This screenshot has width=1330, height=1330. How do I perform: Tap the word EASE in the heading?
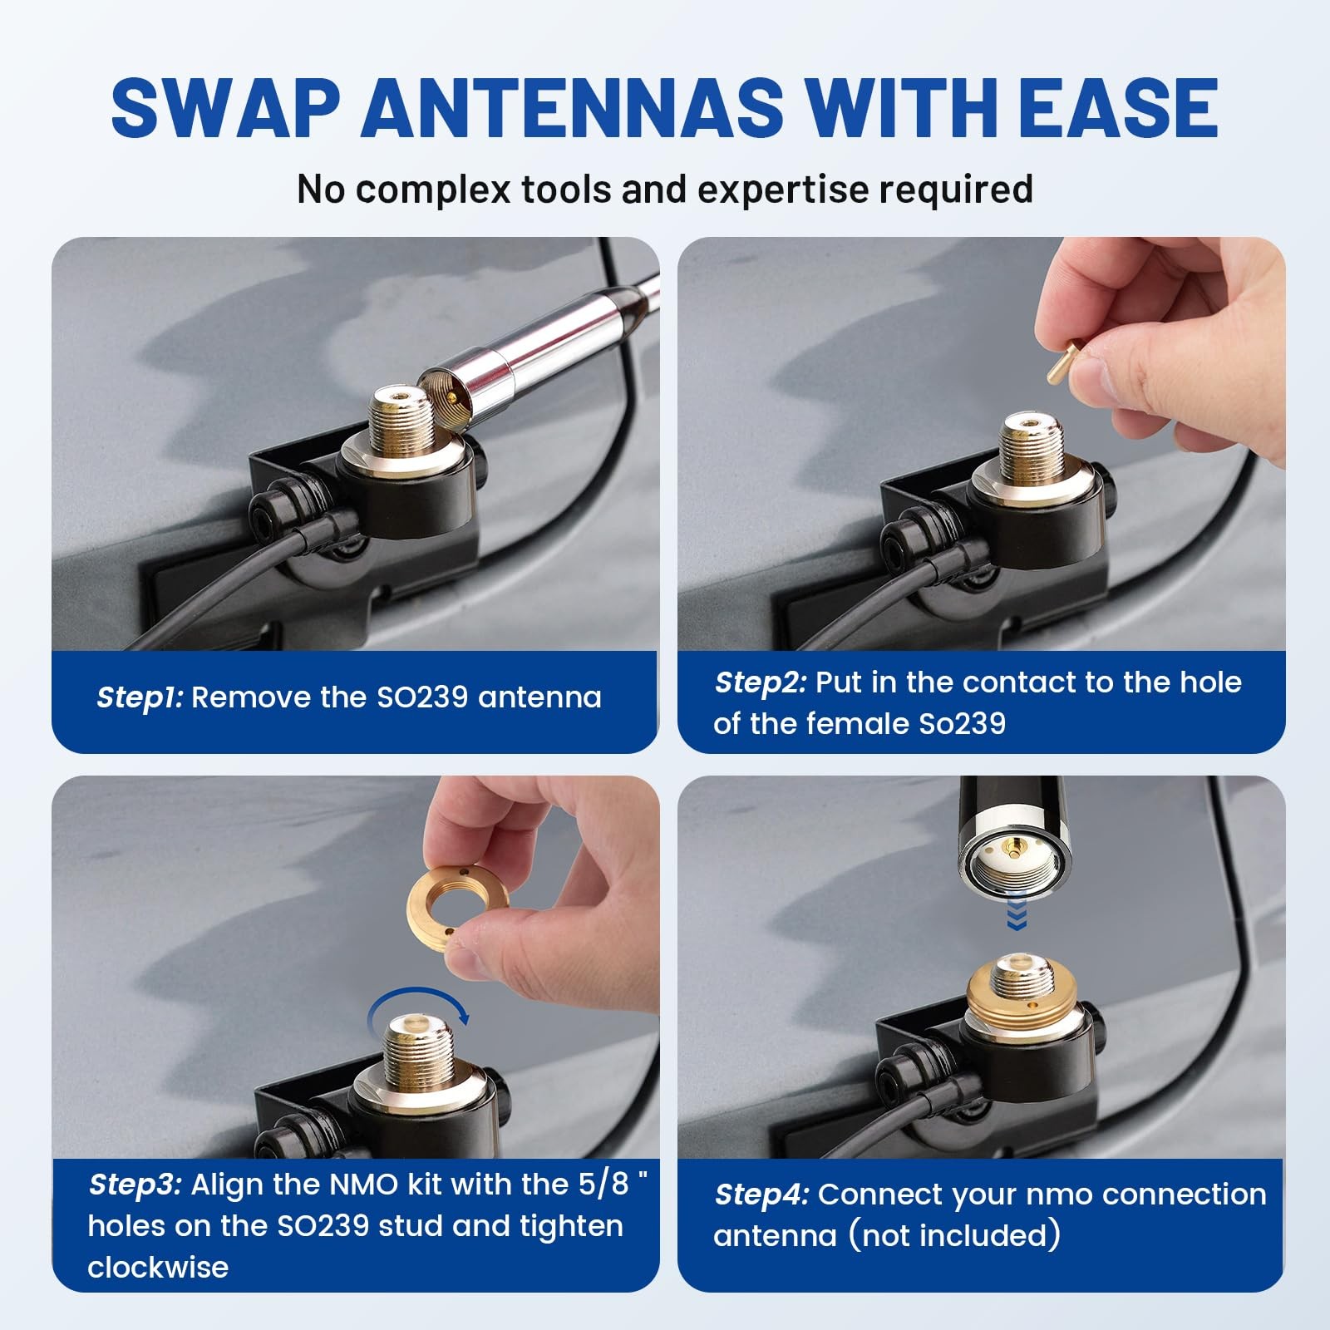(x=1118, y=108)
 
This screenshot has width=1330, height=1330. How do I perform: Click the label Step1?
(x=140, y=697)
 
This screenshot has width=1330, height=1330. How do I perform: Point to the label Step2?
(x=761, y=682)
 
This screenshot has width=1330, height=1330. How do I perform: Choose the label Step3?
(x=135, y=1185)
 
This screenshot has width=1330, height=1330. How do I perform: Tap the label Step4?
(x=761, y=1195)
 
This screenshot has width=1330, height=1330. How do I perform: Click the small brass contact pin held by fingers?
(x=1061, y=362)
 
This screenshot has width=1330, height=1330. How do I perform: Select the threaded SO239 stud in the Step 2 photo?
(x=1031, y=450)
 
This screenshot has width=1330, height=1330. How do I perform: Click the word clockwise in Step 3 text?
(x=158, y=1268)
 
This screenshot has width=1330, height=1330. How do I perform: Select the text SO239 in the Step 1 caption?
(x=422, y=697)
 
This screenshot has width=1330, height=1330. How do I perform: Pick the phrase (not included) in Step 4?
(x=954, y=1236)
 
